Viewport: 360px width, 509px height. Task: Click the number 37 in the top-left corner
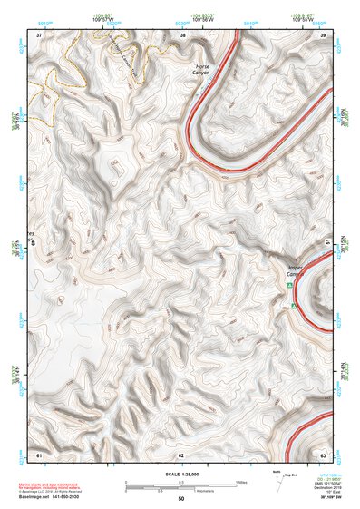click(39, 34)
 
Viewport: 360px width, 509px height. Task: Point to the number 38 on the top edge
click(182, 34)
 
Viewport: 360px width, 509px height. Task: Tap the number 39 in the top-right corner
click(324, 34)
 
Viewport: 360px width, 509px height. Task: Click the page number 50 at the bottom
click(181, 499)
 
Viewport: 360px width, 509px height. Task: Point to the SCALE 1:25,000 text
click(183, 475)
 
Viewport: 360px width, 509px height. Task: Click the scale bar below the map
click(181, 484)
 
